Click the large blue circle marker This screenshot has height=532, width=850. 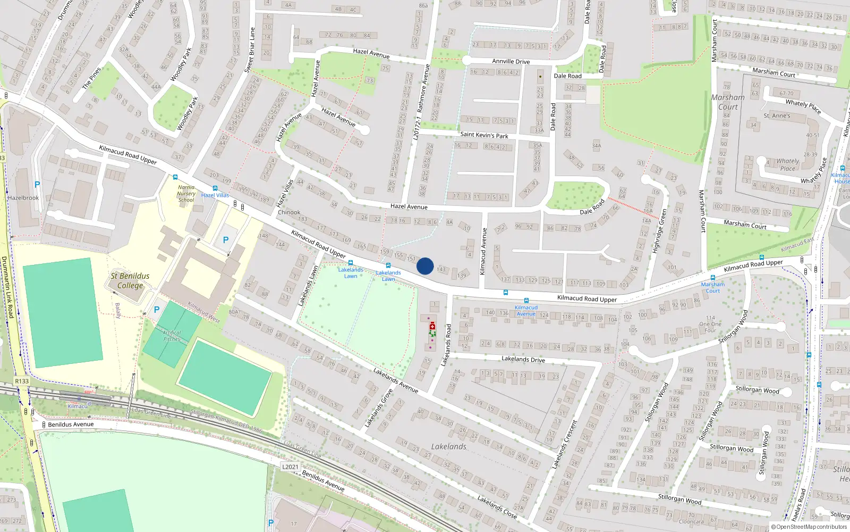click(x=425, y=266)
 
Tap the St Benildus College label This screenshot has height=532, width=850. click(x=130, y=280)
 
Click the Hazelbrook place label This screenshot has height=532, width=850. click(x=23, y=198)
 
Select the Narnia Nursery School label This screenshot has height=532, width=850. click(x=186, y=194)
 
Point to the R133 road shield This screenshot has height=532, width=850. click(x=22, y=381)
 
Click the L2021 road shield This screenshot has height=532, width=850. click(x=290, y=467)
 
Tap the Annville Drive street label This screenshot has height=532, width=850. click(x=511, y=61)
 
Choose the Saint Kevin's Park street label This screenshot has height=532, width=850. click(x=484, y=135)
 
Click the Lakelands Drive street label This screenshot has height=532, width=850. click(x=523, y=359)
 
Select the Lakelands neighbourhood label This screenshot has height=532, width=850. click(x=448, y=446)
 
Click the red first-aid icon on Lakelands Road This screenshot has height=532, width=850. click(x=432, y=326)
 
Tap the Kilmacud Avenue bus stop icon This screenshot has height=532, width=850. click(x=526, y=301)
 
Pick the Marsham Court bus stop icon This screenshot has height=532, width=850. click(x=713, y=278)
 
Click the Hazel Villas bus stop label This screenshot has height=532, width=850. click(x=215, y=195)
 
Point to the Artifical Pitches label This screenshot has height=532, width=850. click(x=172, y=336)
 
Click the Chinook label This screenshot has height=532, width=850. click(x=289, y=212)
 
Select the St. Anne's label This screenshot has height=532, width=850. click(x=777, y=115)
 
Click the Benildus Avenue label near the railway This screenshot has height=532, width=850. click(x=71, y=424)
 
